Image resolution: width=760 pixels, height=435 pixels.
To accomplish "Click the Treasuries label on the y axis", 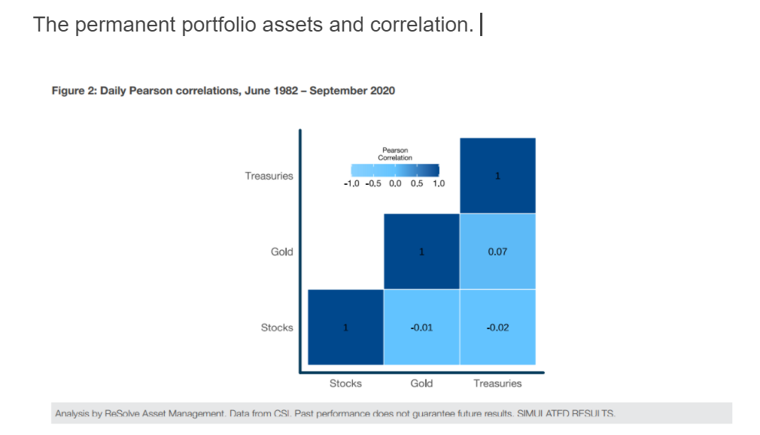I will point(269,176).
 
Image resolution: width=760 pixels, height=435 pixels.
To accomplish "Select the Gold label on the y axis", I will point(281,252).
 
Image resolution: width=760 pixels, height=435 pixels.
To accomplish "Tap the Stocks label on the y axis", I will point(276,328).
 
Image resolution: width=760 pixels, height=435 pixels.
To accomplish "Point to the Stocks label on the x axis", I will point(345,383).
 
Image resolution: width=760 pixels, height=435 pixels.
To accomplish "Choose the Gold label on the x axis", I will point(421,383).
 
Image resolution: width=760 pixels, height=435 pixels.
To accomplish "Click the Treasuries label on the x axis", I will point(497,383).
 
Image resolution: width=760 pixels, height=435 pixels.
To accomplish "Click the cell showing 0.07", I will point(497,252).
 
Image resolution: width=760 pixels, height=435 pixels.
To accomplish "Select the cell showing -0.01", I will point(421,328).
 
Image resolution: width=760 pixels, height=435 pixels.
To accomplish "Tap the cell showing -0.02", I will point(497,328).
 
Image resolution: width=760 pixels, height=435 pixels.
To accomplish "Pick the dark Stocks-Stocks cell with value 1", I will point(345,328).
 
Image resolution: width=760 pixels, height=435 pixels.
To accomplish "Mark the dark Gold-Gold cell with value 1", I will point(421,252).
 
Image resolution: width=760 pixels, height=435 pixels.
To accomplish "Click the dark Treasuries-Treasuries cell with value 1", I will point(497,176).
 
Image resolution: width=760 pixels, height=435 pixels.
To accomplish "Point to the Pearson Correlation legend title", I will point(395,154).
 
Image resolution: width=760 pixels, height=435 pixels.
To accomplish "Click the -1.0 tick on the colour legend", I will point(351,183).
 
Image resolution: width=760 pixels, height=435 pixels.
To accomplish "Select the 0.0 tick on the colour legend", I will point(394,183).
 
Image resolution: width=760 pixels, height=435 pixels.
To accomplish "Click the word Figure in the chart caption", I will point(66,91).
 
